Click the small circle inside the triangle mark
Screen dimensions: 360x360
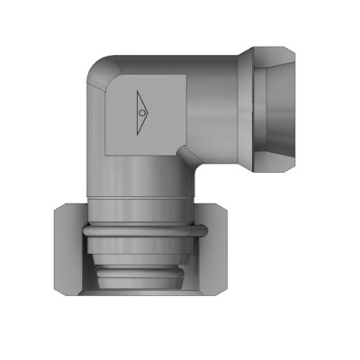(x=142, y=113)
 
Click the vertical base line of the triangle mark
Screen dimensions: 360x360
(x=136, y=113)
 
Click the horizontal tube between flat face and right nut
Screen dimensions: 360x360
(x=216, y=99)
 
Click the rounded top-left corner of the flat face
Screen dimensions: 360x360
(x=110, y=78)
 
